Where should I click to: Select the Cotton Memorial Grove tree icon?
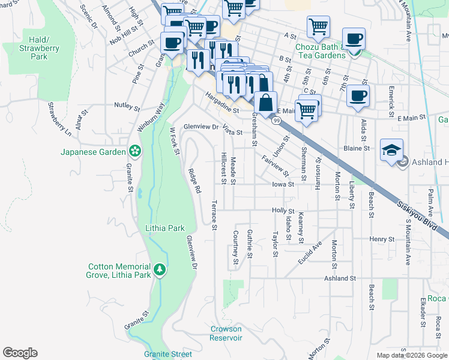pos(160,270)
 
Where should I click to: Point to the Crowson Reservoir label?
pos(226,333)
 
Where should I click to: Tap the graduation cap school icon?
pos(391,149)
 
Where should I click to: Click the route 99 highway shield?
pos(276,121)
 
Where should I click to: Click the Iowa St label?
pos(282,185)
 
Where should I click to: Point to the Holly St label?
pos(282,211)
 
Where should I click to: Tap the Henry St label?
pos(382,239)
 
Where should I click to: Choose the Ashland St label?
pos(340,278)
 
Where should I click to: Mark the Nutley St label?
pos(127,106)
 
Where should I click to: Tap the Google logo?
pos(20,353)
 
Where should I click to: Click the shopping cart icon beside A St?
pos(318,26)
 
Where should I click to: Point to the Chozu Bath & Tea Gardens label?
pos(319,50)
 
